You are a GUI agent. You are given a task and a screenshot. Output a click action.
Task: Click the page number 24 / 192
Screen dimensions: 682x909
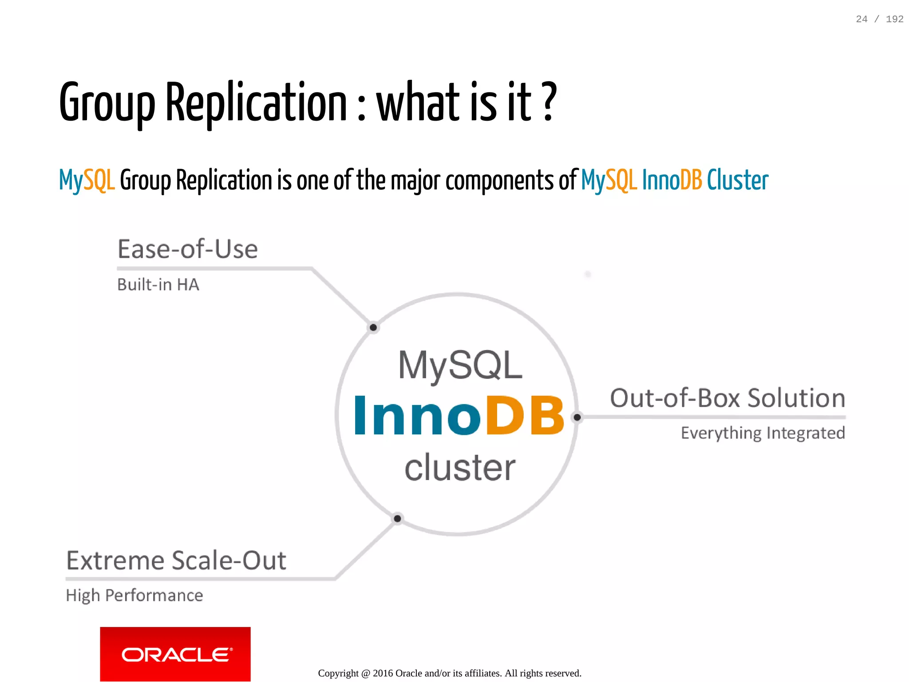point(879,19)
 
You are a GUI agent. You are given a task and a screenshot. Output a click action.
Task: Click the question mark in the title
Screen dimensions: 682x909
point(549,102)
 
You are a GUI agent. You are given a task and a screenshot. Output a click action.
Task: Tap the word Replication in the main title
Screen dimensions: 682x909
point(256,103)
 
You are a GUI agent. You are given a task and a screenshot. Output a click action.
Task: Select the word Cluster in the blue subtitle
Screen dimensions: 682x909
point(737,180)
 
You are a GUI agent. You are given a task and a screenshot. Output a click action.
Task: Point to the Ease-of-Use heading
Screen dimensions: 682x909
point(187,249)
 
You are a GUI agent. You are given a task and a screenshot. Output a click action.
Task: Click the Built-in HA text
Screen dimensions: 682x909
point(158,285)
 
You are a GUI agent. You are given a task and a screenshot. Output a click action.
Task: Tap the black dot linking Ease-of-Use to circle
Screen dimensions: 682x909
point(373,327)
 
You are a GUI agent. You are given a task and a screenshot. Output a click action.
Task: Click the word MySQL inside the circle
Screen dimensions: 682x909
point(460,365)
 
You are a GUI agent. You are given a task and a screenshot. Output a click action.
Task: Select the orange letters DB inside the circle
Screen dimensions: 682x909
point(525,416)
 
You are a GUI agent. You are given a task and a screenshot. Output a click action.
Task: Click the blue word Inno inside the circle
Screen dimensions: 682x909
point(417,416)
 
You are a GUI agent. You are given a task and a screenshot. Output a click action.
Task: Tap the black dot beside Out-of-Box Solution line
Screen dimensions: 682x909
point(577,417)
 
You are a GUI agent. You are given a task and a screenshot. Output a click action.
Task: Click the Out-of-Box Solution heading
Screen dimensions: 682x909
point(727,398)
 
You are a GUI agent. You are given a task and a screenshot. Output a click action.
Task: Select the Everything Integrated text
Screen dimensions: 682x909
point(763,433)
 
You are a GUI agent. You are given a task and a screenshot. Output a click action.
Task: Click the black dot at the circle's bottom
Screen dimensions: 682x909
point(397,518)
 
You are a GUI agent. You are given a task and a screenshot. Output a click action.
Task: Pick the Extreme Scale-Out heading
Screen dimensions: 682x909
point(176,560)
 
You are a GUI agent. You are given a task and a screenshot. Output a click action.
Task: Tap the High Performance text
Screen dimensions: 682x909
point(134,595)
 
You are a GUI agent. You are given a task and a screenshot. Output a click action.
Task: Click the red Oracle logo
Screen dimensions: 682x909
point(175,654)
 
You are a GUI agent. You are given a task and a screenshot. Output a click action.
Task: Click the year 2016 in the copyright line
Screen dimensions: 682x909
point(383,673)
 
